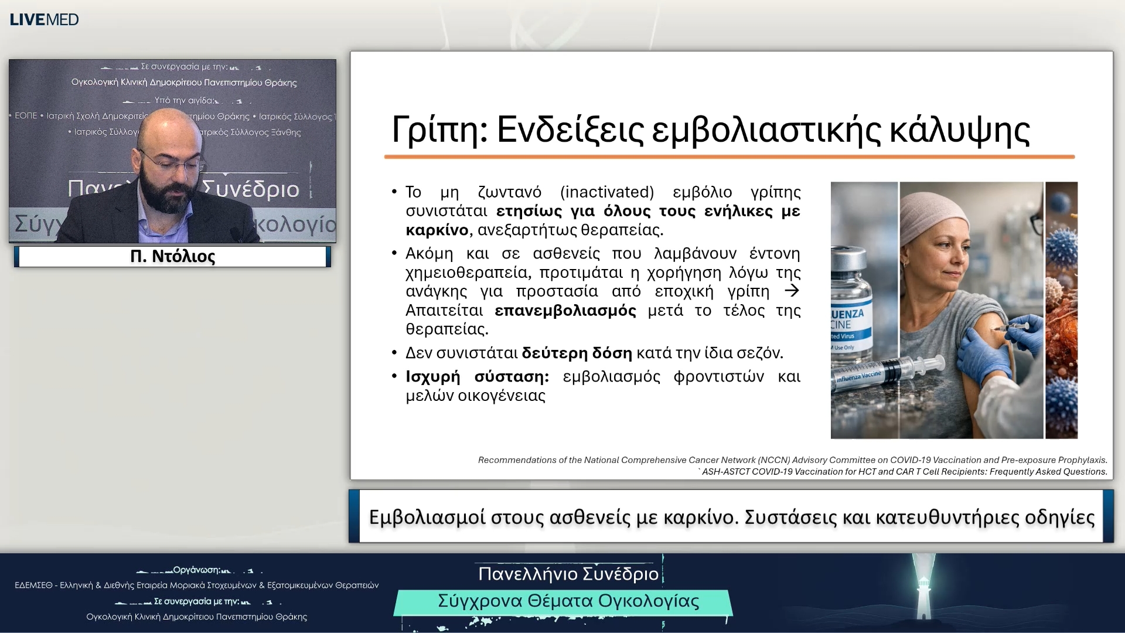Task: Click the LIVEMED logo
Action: (44, 19)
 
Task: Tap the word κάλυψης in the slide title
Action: (959, 130)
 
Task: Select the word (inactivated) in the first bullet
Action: (607, 192)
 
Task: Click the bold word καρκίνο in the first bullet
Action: (437, 230)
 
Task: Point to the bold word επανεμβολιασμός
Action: (565, 310)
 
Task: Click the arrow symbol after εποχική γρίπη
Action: (792, 291)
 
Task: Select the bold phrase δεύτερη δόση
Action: (577, 353)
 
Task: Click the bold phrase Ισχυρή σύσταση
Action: (477, 377)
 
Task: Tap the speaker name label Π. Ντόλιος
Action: (172, 257)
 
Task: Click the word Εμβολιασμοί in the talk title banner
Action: (427, 518)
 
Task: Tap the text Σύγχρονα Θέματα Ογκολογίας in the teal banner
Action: (568, 601)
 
